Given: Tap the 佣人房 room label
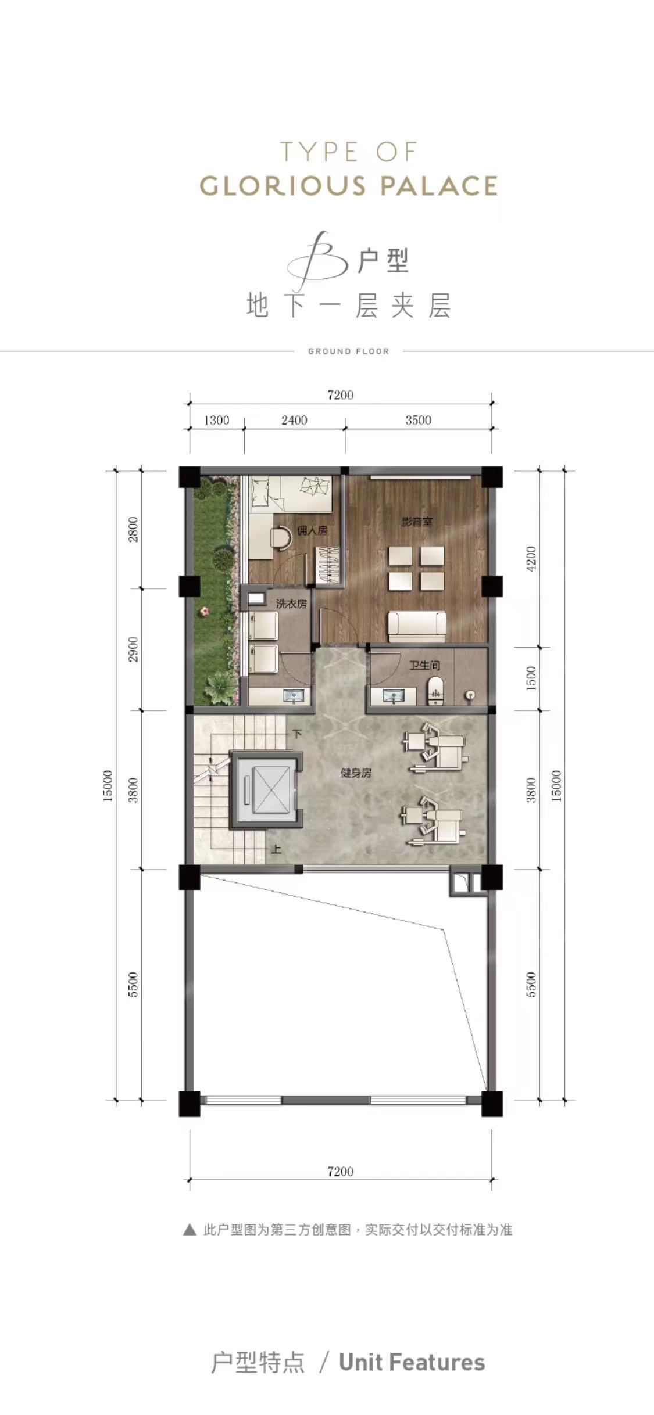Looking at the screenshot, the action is (312, 530).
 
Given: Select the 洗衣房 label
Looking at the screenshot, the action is (291, 604).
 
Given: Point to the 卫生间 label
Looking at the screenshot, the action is (424, 665).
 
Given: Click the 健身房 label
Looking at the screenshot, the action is (356, 773).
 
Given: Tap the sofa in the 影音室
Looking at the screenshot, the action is (417, 626).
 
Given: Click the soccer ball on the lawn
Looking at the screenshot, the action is (205, 611).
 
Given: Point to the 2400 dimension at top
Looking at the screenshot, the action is (294, 420).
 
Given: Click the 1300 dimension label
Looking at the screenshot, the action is (216, 420).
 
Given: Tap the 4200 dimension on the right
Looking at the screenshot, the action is (531, 558).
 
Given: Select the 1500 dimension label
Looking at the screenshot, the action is (531, 678).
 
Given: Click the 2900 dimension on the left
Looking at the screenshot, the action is (134, 649).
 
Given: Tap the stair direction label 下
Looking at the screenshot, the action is (297, 734).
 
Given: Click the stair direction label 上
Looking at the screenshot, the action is (276, 849).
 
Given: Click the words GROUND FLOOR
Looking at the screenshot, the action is (348, 351).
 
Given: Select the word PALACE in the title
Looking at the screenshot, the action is (439, 186).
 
